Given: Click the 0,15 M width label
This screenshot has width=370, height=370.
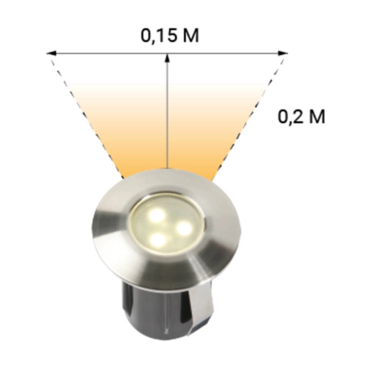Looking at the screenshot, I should click(x=170, y=36).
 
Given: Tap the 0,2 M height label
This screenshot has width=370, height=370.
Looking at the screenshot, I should click(x=302, y=117).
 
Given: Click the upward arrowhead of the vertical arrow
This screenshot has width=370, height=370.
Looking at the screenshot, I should click(x=167, y=57).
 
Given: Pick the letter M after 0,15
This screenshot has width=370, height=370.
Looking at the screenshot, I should click(x=191, y=36).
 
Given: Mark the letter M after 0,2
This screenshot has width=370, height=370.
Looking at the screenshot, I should click(x=317, y=117).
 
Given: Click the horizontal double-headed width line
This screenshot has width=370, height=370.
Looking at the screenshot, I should click(x=111, y=53).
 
